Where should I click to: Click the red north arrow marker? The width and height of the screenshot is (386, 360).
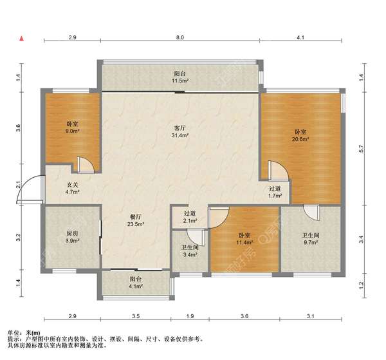click(x=22, y=39)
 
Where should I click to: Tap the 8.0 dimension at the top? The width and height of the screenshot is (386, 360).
click(x=180, y=37)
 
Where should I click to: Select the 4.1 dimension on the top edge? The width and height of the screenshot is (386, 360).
click(x=300, y=37)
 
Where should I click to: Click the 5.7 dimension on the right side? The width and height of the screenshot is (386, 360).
click(x=361, y=149)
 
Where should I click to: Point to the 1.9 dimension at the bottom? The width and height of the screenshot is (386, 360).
click(x=190, y=316)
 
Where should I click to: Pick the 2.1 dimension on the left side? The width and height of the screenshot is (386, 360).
click(x=19, y=185)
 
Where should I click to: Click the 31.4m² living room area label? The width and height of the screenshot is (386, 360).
click(x=180, y=135)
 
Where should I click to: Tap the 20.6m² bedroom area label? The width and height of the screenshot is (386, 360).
click(x=300, y=139)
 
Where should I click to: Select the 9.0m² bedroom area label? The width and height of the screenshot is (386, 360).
click(x=72, y=131)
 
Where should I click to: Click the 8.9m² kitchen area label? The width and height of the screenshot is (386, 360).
click(x=72, y=241)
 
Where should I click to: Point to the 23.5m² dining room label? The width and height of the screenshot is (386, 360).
click(x=135, y=224)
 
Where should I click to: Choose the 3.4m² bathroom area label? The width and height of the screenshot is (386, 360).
click(x=190, y=255)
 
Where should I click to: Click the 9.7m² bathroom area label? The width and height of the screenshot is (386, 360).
click(x=311, y=242)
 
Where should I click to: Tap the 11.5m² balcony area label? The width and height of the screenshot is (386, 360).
click(x=180, y=81)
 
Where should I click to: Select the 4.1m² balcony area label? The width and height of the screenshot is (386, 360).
click(x=135, y=287)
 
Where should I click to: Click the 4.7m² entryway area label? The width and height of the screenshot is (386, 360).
click(x=72, y=192)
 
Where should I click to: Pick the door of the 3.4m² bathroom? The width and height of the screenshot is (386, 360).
click(x=196, y=238)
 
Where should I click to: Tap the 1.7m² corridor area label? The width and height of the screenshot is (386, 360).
click(x=275, y=196)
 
